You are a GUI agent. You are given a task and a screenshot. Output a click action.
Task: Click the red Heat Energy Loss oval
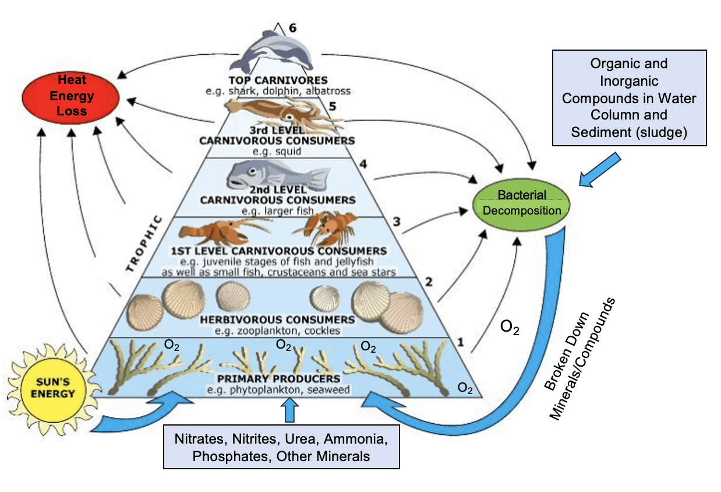[x=72, y=95]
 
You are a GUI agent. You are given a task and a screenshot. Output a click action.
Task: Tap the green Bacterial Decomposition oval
[x=522, y=203]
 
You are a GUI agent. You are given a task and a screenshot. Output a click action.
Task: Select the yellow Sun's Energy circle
[x=53, y=388]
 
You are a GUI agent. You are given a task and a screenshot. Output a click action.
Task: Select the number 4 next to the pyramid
[x=363, y=164]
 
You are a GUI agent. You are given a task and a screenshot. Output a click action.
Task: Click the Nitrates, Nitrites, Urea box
[x=282, y=447]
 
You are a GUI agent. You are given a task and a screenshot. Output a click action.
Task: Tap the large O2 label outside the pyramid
[x=510, y=328]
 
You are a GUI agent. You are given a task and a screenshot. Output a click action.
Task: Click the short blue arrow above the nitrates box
[x=289, y=410]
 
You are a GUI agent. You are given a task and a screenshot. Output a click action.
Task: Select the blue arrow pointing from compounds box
[x=600, y=170]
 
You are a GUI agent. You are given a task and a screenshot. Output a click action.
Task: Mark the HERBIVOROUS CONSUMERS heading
[x=277, y=319]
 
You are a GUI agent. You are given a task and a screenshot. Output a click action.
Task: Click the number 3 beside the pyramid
[x=397, y=221]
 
